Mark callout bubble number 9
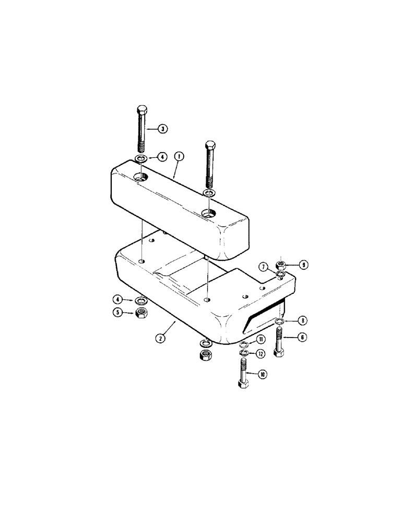303,265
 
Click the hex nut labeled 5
140,313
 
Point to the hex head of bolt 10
244,385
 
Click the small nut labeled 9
280,265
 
